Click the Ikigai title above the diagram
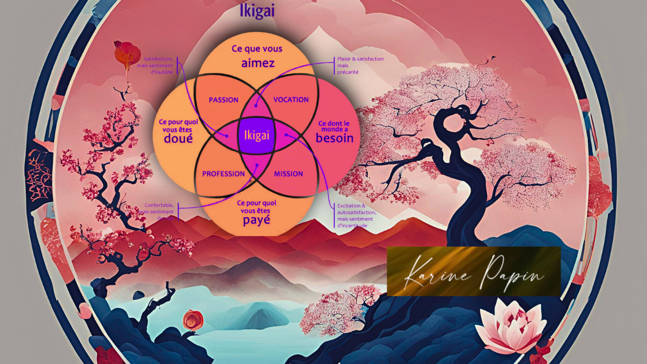click(257, 11)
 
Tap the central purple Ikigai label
click(256, 135)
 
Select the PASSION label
click(223, 100)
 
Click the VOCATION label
click(291, 100)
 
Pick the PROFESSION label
click(223, 174)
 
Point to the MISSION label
click(288, 174)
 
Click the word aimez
click(257, 63)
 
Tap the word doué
click(178, 138)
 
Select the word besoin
click(334, 138)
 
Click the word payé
click(256, 220)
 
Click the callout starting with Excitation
click(356, 215)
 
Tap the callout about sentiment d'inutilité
click(158, 65)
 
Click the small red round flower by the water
click(193, 320)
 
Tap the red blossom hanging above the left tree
click(127, 53)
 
